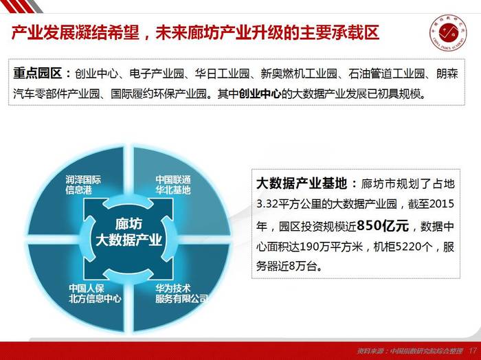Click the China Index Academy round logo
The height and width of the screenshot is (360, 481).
click(x=447, y=33)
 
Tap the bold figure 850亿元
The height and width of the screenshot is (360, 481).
click(x=383, y=226)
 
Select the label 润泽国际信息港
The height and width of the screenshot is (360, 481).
click(x=83, y=185)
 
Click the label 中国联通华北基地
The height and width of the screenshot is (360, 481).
click(x=173, y=185)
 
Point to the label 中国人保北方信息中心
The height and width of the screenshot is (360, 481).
click(x=95, y=293)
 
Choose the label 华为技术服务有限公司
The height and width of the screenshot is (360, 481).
click(x=181, y=293)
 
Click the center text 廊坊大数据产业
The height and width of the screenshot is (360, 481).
click(x=128, y=232)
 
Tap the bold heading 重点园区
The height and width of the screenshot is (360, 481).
click(x=37, y=74)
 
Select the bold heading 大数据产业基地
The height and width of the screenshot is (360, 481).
click(x=302, y=183)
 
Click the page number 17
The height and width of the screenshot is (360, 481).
click(x=473, y=350)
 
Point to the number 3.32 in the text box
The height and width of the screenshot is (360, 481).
click(x=267, y=204)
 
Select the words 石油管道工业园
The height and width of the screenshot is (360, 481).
click(x=386, y=74)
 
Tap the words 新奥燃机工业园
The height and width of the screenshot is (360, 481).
click(x=299, y=74)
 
